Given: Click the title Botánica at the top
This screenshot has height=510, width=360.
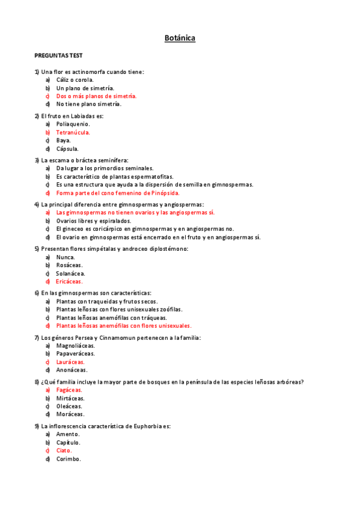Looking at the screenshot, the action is (180, 38).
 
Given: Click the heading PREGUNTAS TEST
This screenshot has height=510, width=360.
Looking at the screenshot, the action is (58, 55).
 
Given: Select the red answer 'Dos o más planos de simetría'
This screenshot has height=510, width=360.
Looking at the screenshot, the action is (96, 96).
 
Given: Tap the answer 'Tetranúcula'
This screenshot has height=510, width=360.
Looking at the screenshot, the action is (73, 132).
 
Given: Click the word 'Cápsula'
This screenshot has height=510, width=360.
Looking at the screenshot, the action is (67, 149).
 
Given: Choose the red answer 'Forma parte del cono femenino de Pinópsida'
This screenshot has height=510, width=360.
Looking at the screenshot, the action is (118, 193).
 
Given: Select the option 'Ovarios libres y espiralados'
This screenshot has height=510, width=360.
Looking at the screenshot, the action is (93, 221).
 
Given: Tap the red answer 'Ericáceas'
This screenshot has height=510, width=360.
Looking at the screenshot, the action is (69, 281).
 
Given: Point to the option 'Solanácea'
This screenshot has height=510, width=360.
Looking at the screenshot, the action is (70, 273).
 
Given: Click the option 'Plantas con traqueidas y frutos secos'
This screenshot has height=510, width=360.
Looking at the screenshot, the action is (107, 301).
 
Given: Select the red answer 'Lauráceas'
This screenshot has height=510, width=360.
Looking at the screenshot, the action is (70, 362).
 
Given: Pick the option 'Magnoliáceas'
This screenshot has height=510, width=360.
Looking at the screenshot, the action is (75, 346).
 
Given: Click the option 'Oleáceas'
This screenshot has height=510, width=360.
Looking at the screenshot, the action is (69, 406).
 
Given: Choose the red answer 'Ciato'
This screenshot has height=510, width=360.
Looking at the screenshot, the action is (64, 450).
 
